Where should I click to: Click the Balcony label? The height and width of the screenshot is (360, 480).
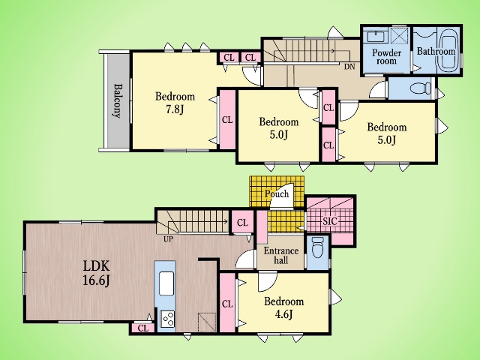[x=117, y=100]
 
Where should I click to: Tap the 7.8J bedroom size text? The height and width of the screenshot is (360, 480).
[x=175, y=109]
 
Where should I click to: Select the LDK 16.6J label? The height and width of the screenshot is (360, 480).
[x=97, y=273]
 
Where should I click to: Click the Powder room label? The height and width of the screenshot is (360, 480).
[x=387, y=57]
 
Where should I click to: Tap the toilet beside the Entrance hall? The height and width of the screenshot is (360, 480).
[x=317, y=247]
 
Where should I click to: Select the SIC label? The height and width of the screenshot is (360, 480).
[x=330, y=221]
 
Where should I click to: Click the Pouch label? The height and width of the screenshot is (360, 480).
[x=277, y=193]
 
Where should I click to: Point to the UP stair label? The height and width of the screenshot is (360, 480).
[x=168, y=239]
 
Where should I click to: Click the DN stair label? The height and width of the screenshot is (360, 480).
[x=349, y=67]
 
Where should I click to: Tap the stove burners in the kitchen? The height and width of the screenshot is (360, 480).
[x=167, y=319]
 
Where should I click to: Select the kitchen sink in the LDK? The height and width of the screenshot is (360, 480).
[x=166, y=283]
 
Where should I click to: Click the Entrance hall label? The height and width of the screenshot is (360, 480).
[x=281, y=256]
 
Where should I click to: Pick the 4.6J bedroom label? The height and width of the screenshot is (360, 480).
[x=284, y=307]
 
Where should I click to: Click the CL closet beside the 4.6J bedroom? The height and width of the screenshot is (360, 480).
[x=227, y=303]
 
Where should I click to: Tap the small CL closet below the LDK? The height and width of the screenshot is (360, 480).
[x=143, y=328]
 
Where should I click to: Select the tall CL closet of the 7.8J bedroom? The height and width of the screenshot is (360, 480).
[x=227, y=120]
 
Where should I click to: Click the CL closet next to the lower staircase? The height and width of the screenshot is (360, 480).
[x=242, y=223]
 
